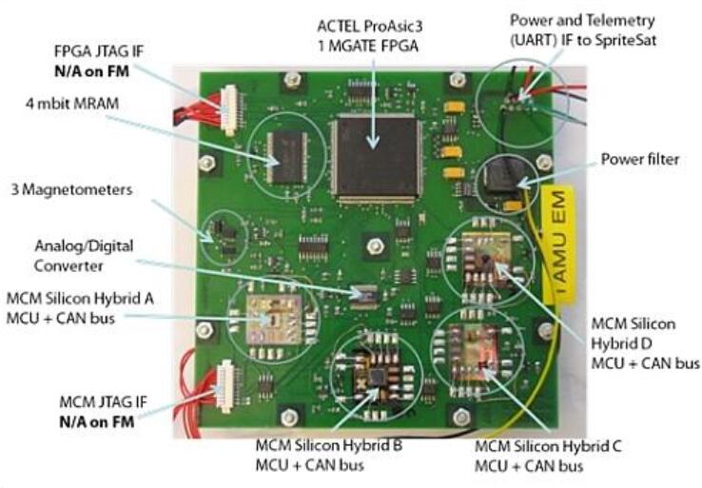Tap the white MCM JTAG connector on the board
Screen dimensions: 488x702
pyautogui.click(x=226, y=385)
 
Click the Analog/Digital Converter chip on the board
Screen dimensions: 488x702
pyautogui.click(x=361, y=296)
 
